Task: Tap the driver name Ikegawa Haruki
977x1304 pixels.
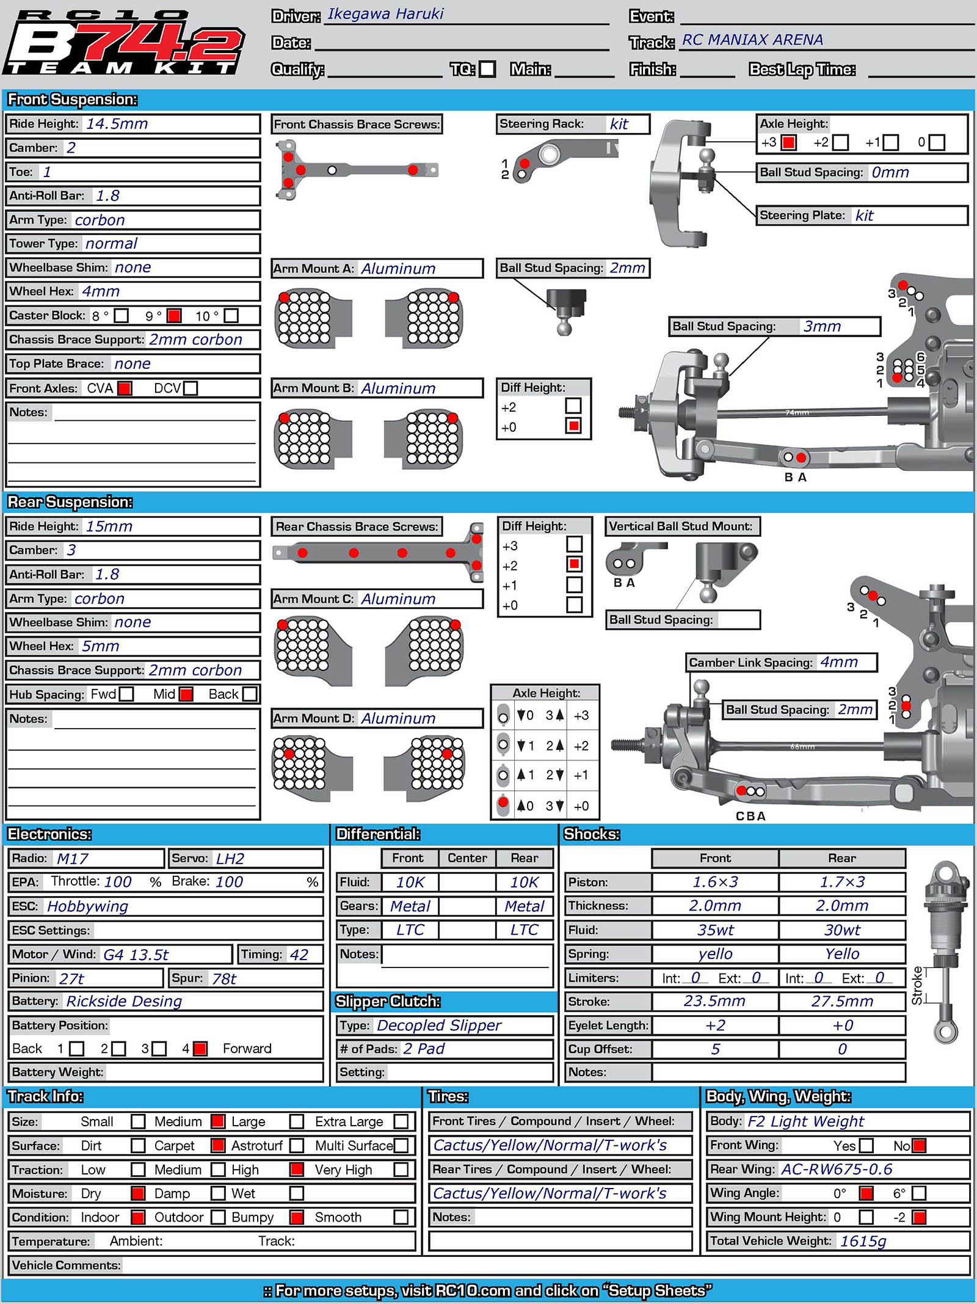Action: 385,14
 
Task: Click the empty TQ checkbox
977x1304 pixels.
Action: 487,69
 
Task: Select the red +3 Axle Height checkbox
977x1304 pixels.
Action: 789,143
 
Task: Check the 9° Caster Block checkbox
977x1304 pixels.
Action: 174,316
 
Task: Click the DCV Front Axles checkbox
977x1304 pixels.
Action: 191,388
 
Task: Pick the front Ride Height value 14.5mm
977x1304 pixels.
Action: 117,124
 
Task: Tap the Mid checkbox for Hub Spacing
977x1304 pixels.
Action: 186,694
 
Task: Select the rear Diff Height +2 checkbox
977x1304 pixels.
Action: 574,564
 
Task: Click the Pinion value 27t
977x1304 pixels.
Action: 71,979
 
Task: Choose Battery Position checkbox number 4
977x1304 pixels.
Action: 200,1049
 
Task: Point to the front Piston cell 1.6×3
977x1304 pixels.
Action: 715,883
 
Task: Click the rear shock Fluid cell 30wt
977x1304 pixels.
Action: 842,930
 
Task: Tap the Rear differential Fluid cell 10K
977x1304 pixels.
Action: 525,883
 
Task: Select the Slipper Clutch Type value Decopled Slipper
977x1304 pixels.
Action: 439,1025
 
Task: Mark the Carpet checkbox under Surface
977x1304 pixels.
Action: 217,1146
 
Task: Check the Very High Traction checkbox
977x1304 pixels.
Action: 401,1170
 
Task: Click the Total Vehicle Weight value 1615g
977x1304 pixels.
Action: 863,1241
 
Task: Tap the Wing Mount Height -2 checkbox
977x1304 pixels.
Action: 919,1217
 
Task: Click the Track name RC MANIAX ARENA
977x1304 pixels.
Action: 752,40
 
